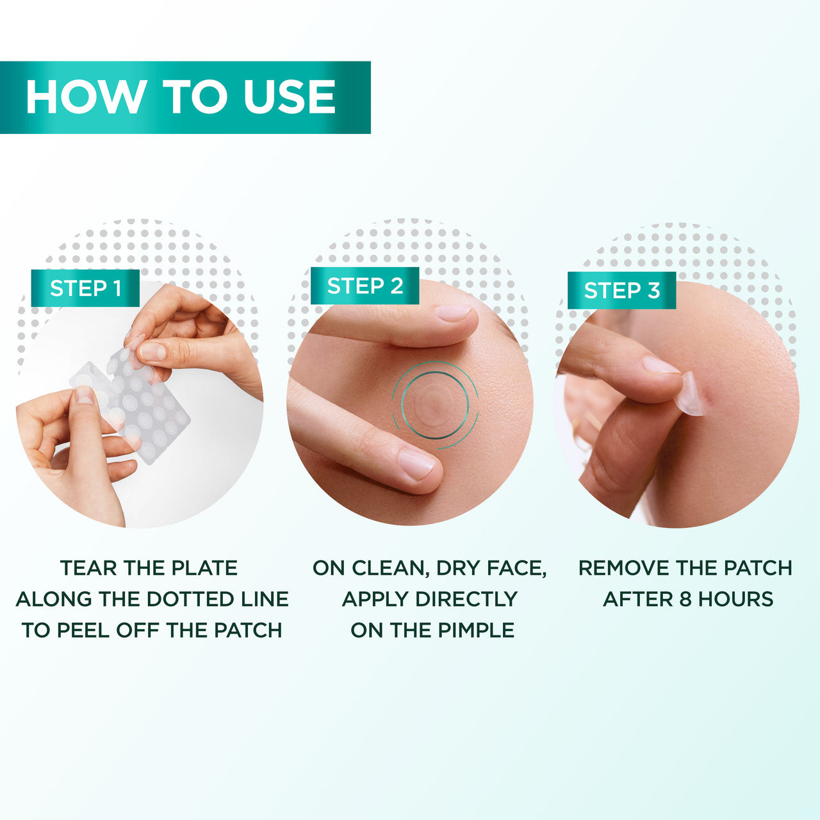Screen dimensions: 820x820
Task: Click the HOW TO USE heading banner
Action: (184, 97)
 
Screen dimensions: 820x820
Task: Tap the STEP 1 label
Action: (86, 288)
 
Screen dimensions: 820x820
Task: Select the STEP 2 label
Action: (365, 286)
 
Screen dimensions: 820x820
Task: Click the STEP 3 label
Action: (621, 290)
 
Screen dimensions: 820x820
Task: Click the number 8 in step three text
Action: (685, 600)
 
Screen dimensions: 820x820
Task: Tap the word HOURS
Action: (735, 600)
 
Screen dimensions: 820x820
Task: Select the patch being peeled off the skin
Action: (689, 394)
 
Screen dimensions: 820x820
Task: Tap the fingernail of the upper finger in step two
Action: (452, 313)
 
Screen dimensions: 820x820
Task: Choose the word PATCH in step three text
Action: (758, 568)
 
